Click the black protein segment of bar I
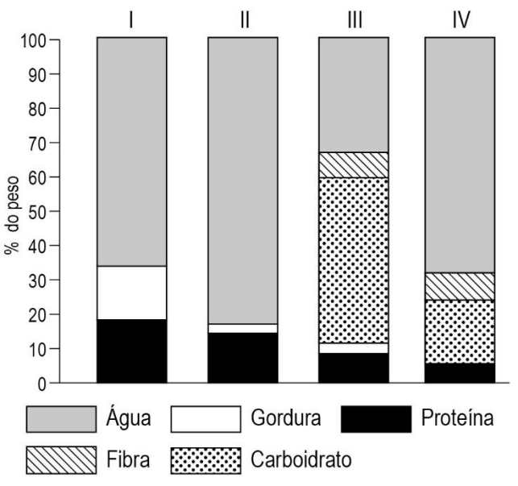(131, 351)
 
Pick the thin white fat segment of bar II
(242, 328)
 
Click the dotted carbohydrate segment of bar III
(354, 260)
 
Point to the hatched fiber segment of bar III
(354, 164)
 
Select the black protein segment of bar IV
(459, 372)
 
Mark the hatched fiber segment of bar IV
(459, 286)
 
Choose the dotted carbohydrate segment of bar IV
(459, 331)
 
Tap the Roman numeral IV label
(460, 18)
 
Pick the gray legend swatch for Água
(61, 418)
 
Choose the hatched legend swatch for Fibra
(61, 460)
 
